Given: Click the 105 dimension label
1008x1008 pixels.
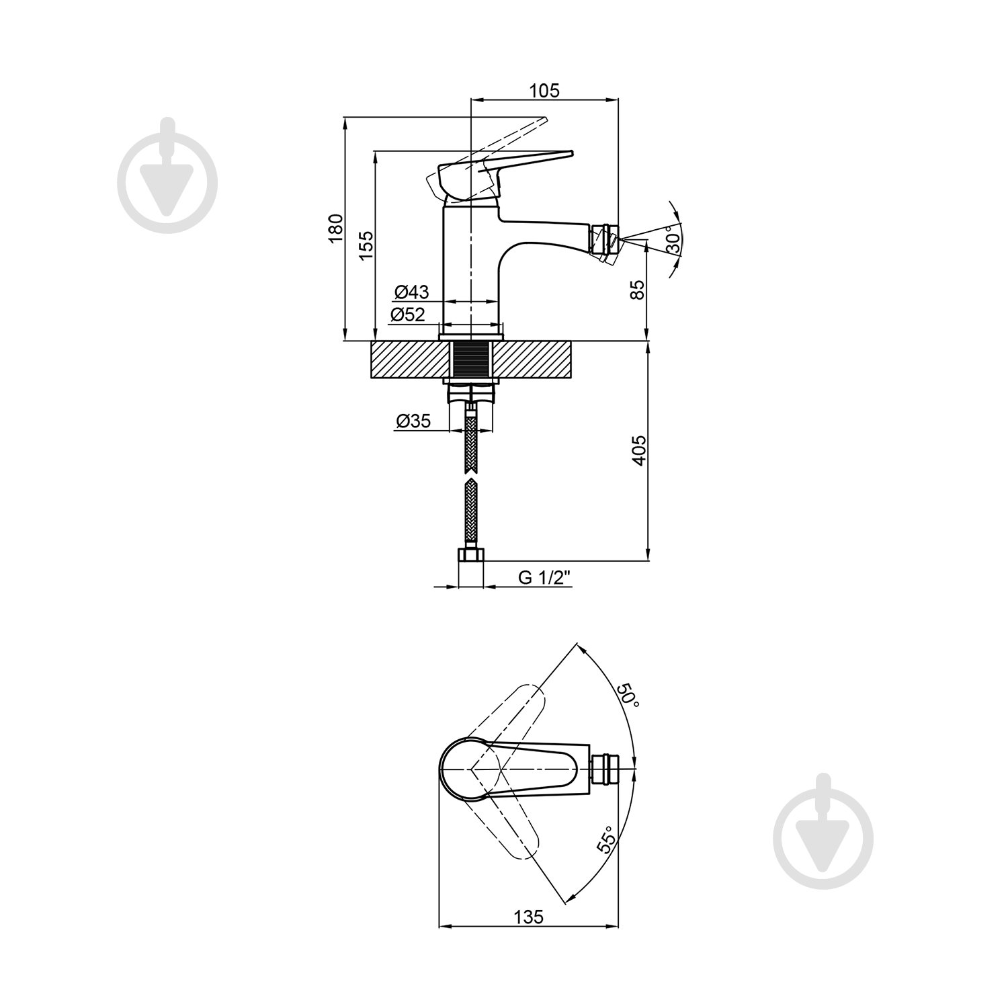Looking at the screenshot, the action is [x=544, y=91].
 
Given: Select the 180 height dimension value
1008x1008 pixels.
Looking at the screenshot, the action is [x=336, y=227].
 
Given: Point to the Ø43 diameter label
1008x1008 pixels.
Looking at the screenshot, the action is [x=411, y=292].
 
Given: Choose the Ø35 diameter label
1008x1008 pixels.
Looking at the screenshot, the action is [x=413, y=421].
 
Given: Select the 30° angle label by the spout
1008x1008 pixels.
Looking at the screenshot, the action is [x=673, y=241].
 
